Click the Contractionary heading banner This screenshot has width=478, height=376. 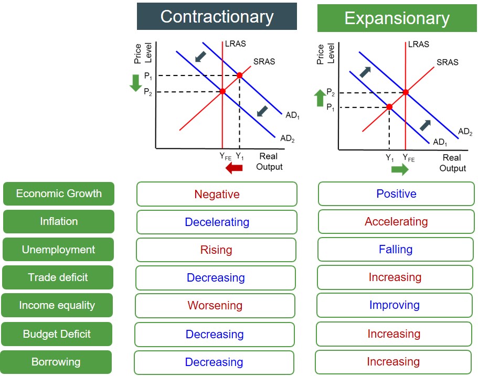click(217, 17)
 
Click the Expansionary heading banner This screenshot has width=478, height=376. click(396, 19)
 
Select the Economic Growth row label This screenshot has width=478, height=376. click(59, 194)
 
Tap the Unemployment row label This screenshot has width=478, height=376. click(58, 250)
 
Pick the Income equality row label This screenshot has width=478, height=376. click(57, 305)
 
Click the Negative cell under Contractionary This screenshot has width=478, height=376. click(217, 194)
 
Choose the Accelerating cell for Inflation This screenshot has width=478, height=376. click(396, 221)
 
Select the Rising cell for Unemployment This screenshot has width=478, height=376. click(216, 250)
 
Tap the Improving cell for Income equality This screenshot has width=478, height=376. click(395, 305)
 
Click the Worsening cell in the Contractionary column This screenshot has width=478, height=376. click(215, 305)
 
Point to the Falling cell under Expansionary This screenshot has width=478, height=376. click(396, 250)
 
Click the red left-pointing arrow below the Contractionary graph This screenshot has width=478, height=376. click(234, 168)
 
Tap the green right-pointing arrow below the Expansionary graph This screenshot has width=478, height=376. click(400, 169)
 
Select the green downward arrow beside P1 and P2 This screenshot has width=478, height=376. click(136, 83)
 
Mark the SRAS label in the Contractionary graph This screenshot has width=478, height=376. click(264, 61)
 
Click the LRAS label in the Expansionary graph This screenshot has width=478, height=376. click(418, 44)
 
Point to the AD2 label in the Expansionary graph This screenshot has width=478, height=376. click(465, 132)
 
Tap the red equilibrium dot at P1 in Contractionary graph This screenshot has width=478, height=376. click(239, 76)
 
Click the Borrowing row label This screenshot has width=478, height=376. click(56, 362)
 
